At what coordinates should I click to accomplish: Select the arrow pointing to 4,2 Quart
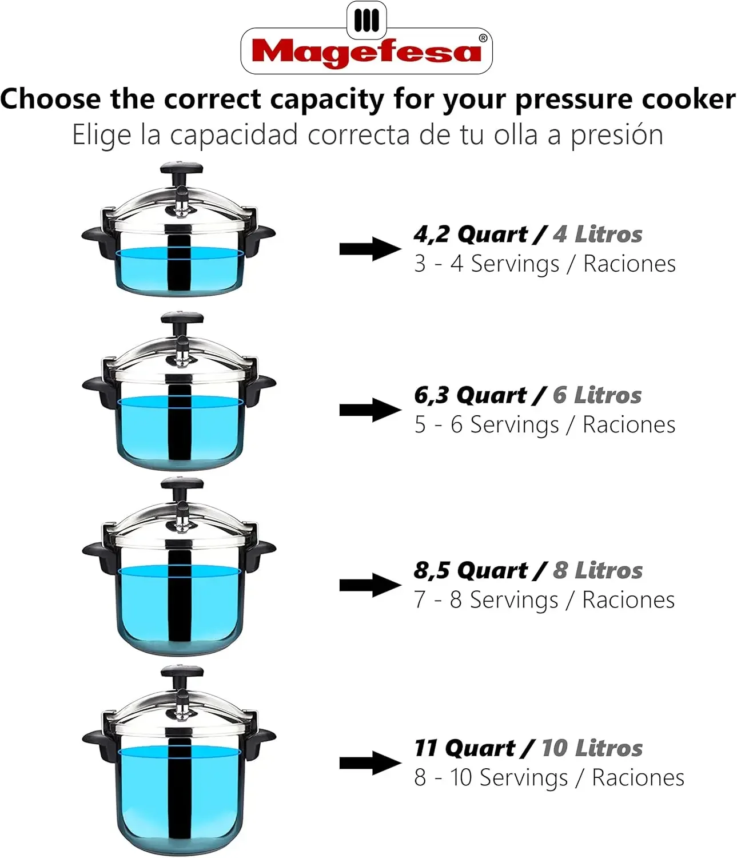(x=370, y=249)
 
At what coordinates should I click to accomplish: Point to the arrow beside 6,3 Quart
(x=370, y=410)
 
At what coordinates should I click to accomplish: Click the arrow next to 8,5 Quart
(x=370, y=585)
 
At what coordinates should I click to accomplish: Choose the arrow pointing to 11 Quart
(x=370, y=762)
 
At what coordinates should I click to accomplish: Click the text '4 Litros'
(x=597, y=235)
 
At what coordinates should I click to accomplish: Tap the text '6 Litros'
(x=597, y=395)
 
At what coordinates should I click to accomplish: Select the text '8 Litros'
(x=597, y=570)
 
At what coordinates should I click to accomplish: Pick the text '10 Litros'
(x=592, y=748)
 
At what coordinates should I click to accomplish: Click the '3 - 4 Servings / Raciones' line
(x=544, y=264)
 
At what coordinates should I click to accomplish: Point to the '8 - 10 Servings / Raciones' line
(x=549, y=777)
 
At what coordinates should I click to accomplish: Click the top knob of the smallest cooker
(x=181, y=169)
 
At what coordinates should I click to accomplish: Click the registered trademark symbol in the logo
(x=483, y=38)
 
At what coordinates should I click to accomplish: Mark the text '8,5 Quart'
(x=471, y=570)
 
